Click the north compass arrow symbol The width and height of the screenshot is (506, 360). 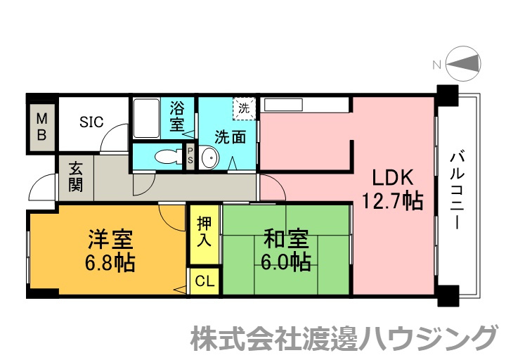click(463, 65)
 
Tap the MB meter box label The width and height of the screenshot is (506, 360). click(41, 126)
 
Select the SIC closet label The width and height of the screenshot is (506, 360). click(91, 122)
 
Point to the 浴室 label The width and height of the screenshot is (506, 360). click(177, 117)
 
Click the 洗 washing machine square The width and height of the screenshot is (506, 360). click(244, 109)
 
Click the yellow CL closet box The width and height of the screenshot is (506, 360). click(205, 281)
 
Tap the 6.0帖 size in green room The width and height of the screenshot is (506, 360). click(286, 263)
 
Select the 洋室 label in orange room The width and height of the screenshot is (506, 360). click(110, 239)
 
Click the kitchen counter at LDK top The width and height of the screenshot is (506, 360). click(305, 105)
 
